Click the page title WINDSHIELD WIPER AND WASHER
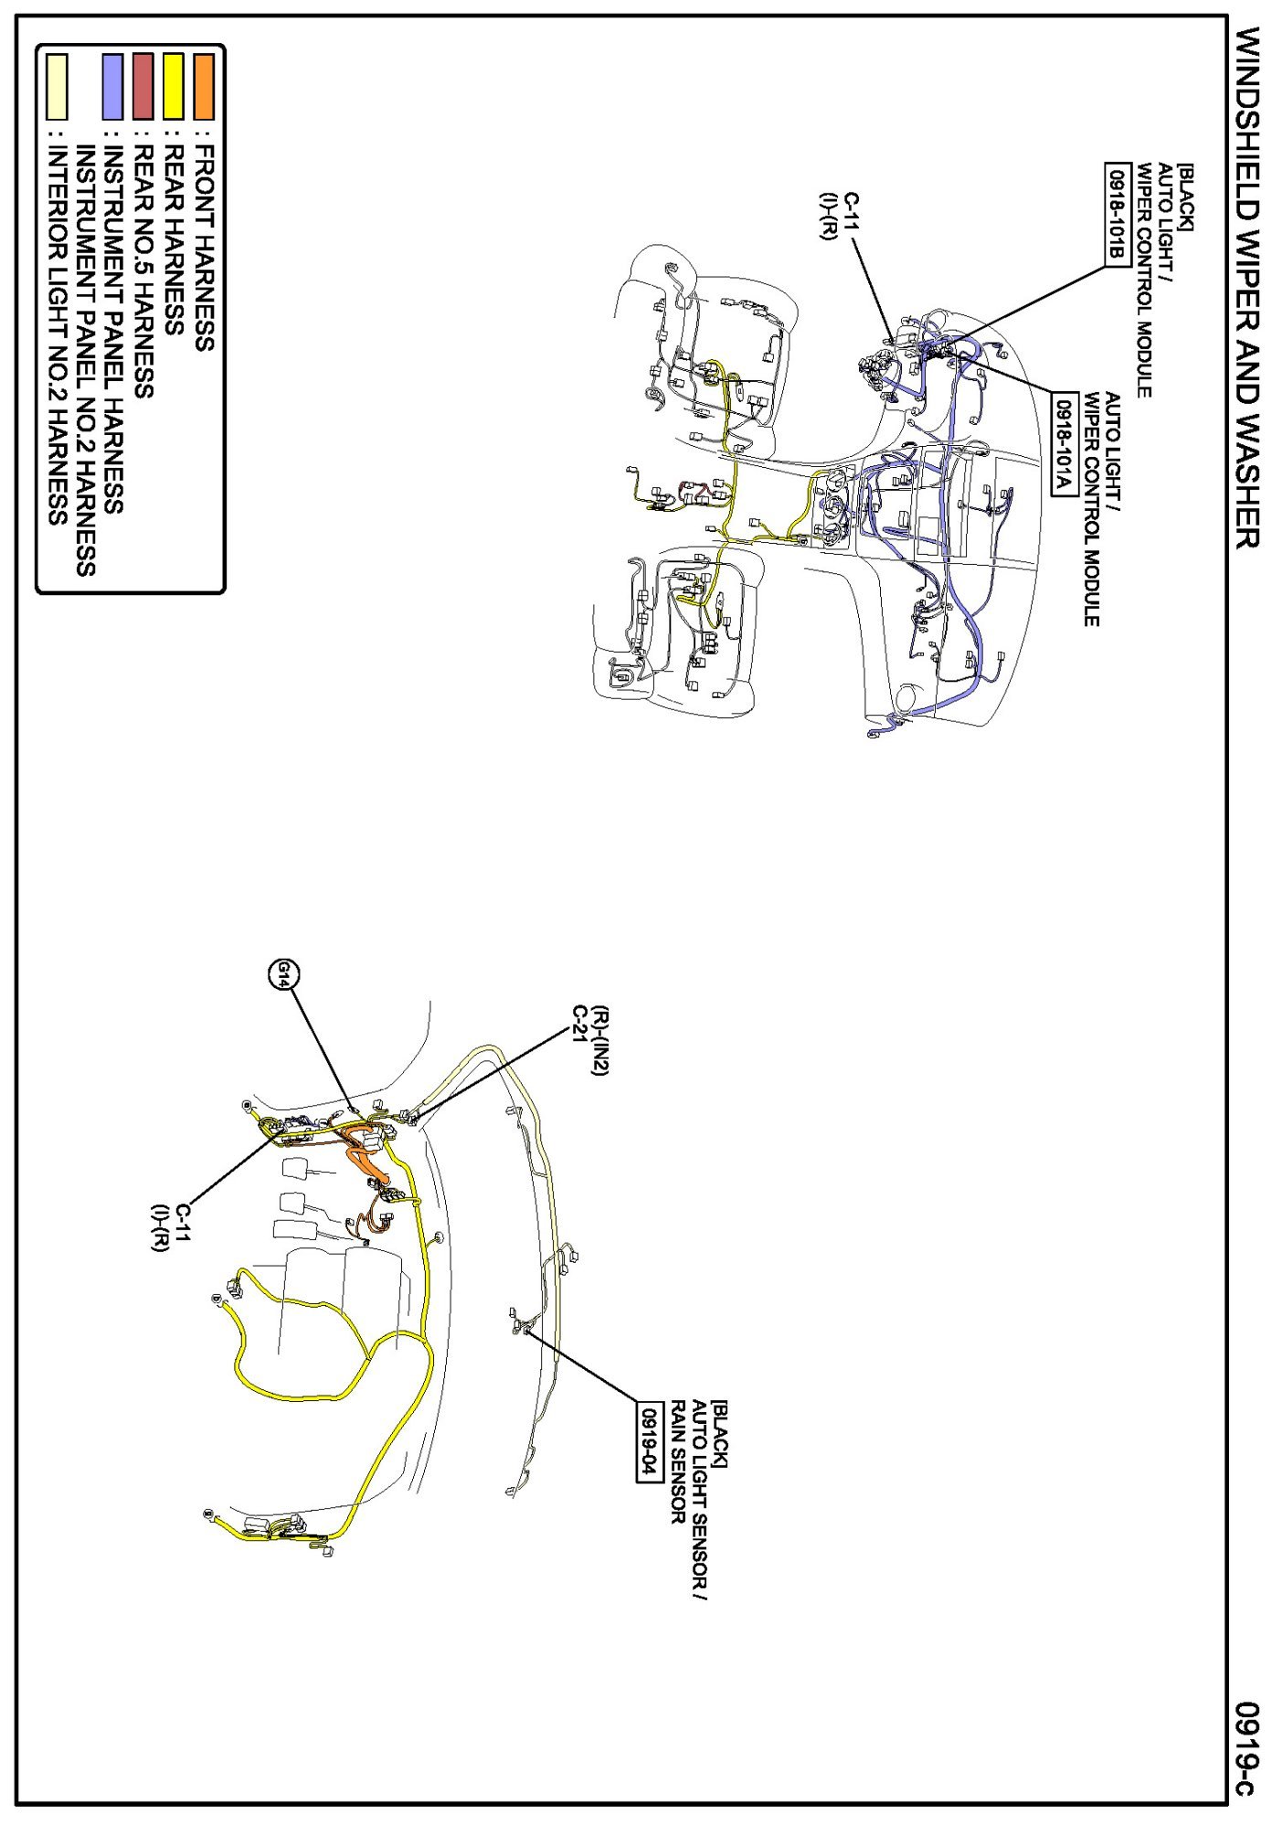[x=1245, y=287]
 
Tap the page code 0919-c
[x=1245, y=1747]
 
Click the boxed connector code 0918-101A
[x=1062, y=444]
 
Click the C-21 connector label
[x=578, y=1027]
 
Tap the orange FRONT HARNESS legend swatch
[x=204, y=88]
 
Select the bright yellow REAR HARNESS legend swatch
[x=174, y=88]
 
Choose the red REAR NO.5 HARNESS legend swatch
[x=143, y=88]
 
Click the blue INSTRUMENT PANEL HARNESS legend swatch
[x=112, y=88]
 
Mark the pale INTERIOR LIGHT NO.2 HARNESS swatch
[x=58, y=88]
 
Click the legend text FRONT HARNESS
[x=204, y=248]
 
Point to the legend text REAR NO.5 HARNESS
[x=143, y=271]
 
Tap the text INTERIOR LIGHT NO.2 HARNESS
[x=58, y=335]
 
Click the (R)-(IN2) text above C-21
[x=599, y=1041]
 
